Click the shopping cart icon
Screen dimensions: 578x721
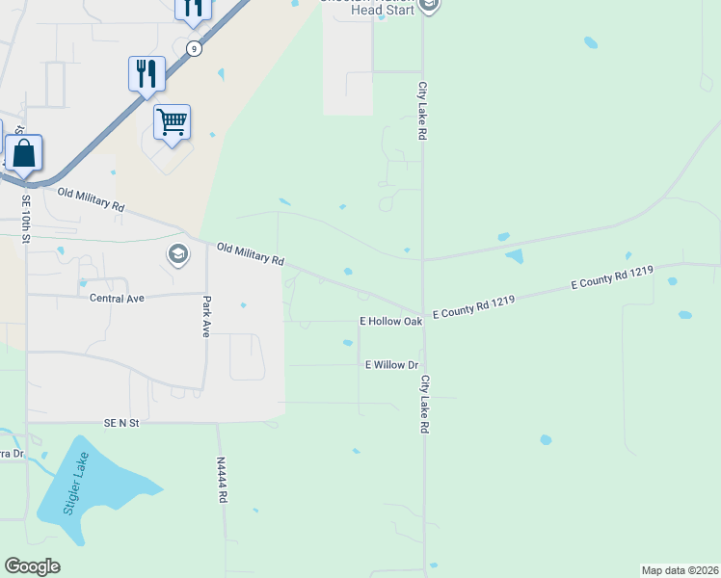coord(172,122)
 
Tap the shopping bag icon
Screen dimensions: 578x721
coord(23,153)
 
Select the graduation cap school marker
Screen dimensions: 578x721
coord(177,254)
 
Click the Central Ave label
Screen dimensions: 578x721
coord(117,299)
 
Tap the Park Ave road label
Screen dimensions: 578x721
coord(206,316)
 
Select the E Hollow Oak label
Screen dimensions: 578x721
coord(391,321)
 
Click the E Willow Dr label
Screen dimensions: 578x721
coord(391,365)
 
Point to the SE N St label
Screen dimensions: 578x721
coord(122,423)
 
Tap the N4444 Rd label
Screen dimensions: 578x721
coord(222,480)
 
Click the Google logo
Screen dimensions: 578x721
coord(32,566)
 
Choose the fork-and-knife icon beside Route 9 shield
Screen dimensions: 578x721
coord(146,73)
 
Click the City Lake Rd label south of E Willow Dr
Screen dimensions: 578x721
coord(424,404)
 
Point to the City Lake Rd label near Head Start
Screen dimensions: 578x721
coord(422,111)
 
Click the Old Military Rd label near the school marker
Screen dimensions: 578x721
coord(251,254)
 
